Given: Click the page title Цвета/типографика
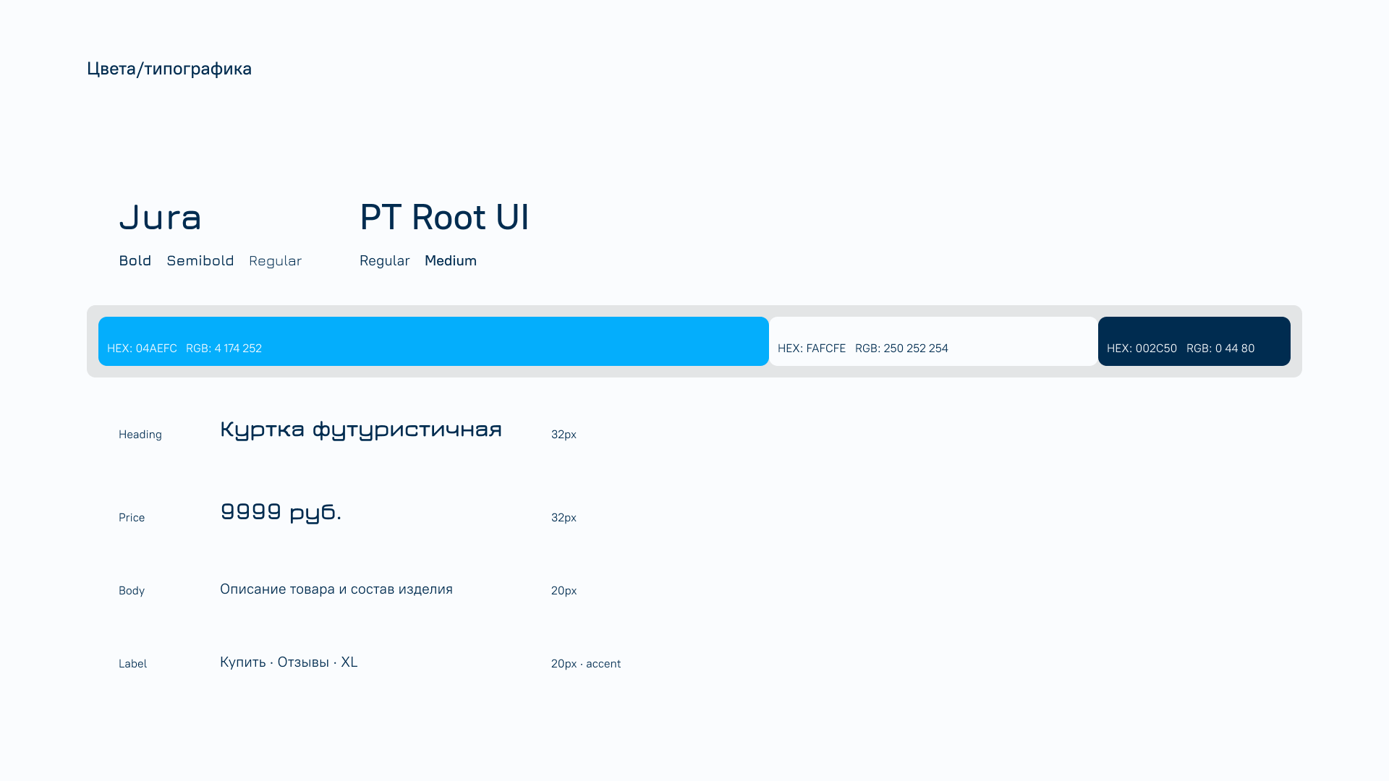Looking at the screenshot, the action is click(x=169, y=69).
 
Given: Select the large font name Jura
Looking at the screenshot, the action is click(x=160, y=217).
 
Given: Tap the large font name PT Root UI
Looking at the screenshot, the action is click(x=444, y=217).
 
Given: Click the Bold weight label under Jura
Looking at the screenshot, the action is click(x=135, y=260).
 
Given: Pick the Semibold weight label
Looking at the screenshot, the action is click(x=200, y=260).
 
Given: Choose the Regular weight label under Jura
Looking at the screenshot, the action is click(x=275, y=261).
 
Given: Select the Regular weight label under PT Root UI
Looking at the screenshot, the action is click(x=385, y=261).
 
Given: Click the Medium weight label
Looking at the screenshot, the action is click(x=451, y=260).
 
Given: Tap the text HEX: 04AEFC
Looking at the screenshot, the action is click(x=142, y=349).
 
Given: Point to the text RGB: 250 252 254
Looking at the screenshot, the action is click(x=901, y=349).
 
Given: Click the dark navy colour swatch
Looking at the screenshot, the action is click(x=1194, y=341).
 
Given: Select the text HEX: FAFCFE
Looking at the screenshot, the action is click(x=812, y=349).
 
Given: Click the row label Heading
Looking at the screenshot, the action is click(x=140, y=435).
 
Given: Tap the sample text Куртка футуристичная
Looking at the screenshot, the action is click(x=361, y=430).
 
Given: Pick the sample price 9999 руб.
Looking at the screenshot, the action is click(x=281, y=512).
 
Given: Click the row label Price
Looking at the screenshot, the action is click(x=132, y=518).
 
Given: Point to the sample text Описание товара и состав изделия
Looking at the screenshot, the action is click(x=336, y=589).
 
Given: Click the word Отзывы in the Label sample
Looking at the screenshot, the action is click(x=303, y=662).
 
